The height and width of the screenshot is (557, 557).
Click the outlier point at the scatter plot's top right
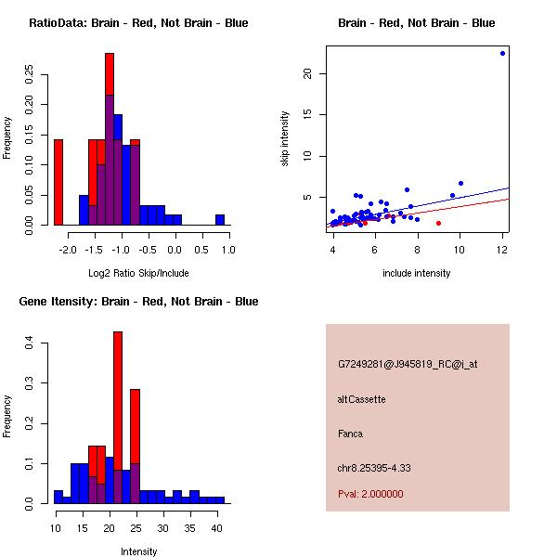(502, 53)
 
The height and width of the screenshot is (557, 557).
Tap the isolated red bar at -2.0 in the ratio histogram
(58, 181)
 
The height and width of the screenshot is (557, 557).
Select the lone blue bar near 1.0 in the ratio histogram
(220, 219)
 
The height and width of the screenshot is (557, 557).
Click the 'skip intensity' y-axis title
(286, 139)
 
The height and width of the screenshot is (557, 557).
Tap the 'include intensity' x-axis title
(416, 273)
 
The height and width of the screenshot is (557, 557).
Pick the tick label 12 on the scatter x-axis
(502, 250)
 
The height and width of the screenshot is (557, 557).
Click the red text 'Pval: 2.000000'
(370, 494)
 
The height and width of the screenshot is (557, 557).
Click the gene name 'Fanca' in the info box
(350, 434)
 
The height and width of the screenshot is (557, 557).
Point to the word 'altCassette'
(361, 399)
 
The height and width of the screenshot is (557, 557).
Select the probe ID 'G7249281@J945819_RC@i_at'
(408, 365)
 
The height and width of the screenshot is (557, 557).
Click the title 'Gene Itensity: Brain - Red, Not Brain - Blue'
(138, 302)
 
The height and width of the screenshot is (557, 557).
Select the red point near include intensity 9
(438, 223)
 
